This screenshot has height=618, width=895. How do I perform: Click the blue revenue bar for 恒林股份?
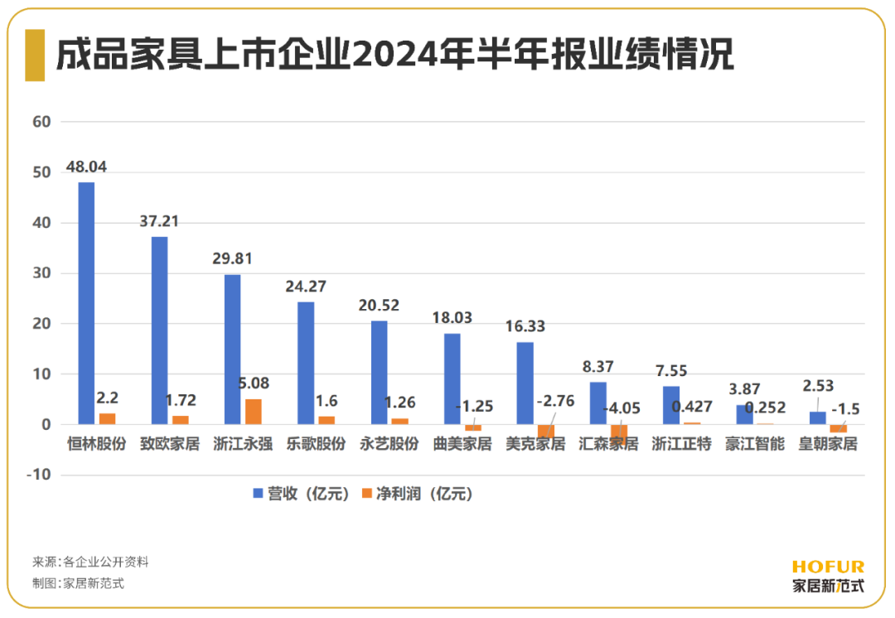[86, 303]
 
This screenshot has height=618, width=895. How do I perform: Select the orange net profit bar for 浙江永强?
[253, 412]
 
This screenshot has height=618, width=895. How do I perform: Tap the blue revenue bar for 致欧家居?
[159, 331]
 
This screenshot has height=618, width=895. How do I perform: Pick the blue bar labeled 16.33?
[525, 384]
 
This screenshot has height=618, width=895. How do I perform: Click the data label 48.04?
[86, 167]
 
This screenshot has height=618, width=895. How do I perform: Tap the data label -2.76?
[554, 402]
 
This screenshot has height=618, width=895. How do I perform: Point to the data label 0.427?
[691, 407]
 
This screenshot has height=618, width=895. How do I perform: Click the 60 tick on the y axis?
[41, 122]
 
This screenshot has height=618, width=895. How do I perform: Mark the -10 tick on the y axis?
[38, 476]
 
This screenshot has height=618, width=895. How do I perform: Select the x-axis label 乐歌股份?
[316, 444]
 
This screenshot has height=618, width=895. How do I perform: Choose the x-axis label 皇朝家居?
[827, 444]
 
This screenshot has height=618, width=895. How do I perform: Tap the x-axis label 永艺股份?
[389, 444]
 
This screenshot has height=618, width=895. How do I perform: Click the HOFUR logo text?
[827, 567]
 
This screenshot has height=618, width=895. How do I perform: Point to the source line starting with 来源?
[90, 562]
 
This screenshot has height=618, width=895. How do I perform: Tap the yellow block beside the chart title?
[34, 55]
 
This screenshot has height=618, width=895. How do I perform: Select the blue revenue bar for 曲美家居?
[452, 379]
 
